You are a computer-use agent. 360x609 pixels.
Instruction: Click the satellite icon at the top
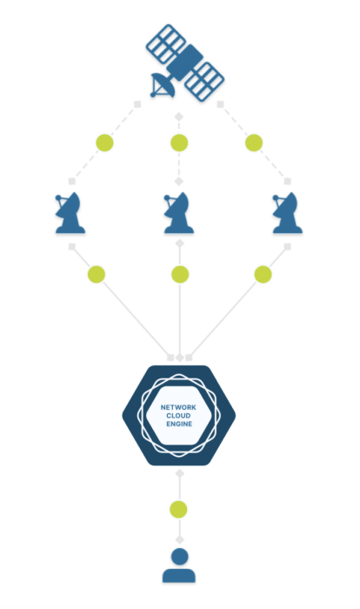(184, 62)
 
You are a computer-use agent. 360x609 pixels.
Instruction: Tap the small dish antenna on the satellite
(163, 85)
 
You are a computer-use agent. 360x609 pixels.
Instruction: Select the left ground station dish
(70, 213)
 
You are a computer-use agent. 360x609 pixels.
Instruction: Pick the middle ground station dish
(179, 213)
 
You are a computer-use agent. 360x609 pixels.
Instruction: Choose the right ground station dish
(288, 213)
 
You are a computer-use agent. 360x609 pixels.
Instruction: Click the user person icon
(179, 565)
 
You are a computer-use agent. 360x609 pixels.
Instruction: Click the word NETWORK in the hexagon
(178, 407)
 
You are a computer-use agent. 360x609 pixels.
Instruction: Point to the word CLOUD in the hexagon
(178, 416)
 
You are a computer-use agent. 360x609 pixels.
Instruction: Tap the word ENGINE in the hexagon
(179, 425)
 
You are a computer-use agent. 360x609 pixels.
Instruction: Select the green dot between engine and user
(178, 509)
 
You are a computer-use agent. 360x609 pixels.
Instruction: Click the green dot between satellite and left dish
(105, 143)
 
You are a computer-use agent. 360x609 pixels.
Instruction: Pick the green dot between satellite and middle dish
(179, 143)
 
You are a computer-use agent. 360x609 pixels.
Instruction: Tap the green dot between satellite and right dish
(254, 143)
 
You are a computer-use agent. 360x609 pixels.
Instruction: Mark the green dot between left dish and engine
(97, 274)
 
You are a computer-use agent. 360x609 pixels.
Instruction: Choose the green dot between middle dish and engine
(180, 274)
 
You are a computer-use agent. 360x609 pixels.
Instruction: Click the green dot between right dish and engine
(263, 274)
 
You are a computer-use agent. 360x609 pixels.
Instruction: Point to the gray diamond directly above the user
(179, 539)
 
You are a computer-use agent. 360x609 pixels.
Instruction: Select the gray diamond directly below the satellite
(178, 116)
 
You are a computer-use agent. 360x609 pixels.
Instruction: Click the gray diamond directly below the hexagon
(179, 473)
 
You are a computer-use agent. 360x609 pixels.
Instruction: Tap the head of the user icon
(179, 557)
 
